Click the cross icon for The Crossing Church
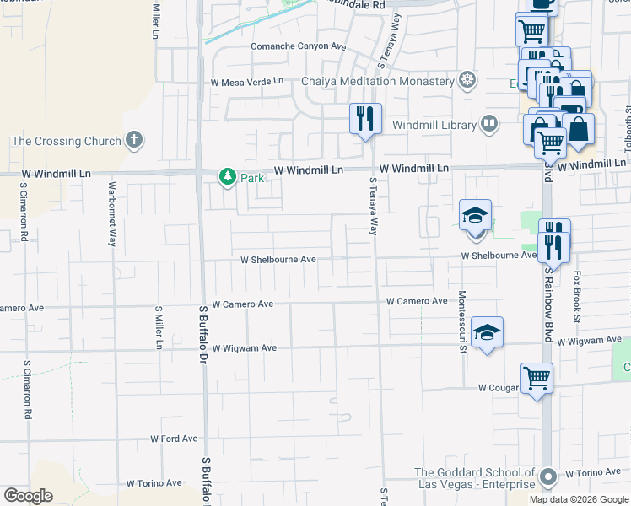click(x=133, y=140)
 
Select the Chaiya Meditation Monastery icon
click(x=467, y=81)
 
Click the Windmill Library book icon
click(x=488, y=125)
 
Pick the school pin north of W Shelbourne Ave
click(x=475, y=215)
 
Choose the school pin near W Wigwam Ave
click(x=487, y=332)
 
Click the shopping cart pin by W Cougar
click(x=536, y=378)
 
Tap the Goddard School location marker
click(x=547, y=477)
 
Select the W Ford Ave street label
click(x=174, y=439)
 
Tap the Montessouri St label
click(x=462, y=323)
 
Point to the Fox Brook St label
click(x=578, y=295)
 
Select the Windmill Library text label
click(x=434, y=125)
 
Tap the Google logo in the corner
click(x=28, y=496)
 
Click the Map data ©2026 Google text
click(x=578, y=499)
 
